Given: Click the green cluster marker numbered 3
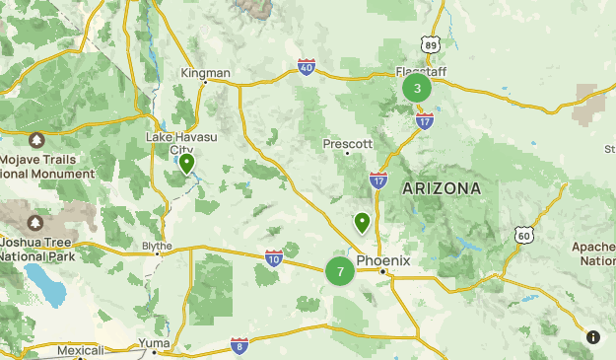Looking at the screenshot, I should click(417, 89).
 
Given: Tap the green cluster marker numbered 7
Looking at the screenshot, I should click(340, 270).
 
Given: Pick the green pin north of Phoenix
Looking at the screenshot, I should click(363, 223).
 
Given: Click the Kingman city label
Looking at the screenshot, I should click(206, 73).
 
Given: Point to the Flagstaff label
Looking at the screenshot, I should click(421, 71).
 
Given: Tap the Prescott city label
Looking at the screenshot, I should click(348, 143).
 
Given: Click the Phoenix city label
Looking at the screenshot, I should click(382, 260).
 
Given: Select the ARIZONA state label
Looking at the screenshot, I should click(442, 187).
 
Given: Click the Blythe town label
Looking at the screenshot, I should click(157, 246).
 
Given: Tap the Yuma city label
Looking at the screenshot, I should click(153, 342).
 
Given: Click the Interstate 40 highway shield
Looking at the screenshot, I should click(306, 66).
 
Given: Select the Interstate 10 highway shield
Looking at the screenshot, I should click(274, 257).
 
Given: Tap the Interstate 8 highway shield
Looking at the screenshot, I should click(240, 345).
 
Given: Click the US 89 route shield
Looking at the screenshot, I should click(429, 44).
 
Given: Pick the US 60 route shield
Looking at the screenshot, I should click(523, 235).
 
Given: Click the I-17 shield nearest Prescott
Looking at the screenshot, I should click(378, 180).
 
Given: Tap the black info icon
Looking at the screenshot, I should click(593, 336).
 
